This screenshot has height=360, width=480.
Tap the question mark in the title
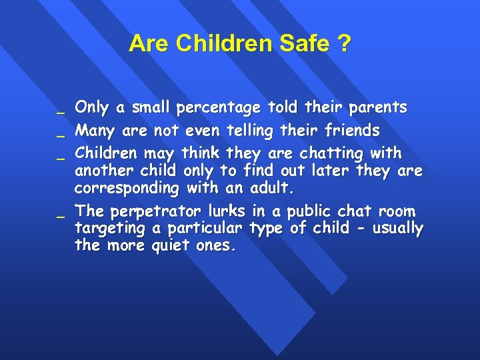(344, 44)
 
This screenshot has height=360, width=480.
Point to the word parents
(377, 107)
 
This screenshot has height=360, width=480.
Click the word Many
(95, 129)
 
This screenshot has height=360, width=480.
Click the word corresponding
(127, 189)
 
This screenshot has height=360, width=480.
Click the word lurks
(227, 211)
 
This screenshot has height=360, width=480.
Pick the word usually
(397, 229)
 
